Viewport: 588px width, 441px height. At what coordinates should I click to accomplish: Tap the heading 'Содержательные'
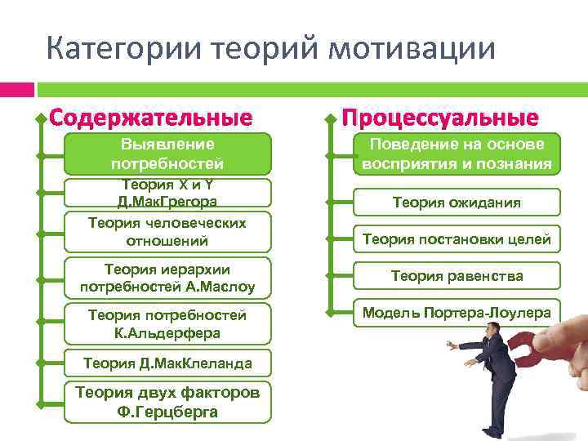(x=150, y=118)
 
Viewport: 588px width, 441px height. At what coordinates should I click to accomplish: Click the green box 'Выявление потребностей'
(x=167, y=153)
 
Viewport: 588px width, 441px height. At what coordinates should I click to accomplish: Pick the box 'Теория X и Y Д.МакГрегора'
(x=167, y=193)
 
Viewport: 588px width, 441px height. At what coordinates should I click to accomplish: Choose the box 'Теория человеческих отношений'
(x=167, y=231)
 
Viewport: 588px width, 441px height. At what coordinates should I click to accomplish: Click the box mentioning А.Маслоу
(x=167, y=278)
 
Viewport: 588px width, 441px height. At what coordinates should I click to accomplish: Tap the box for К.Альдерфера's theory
(x=167, y=323)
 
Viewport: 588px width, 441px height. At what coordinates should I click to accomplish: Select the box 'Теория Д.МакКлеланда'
(x=167, y=363)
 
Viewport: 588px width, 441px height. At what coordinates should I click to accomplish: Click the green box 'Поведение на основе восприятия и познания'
(x=457, y=154)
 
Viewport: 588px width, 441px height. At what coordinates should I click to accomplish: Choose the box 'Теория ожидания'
(x=457, y=202)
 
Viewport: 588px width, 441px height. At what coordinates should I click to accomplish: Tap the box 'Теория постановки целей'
(x=457, y=239)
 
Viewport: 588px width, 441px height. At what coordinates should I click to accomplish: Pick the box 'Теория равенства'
(x=457, y=276)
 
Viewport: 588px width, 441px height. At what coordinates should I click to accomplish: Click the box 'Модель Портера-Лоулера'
(x=457, y=313)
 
